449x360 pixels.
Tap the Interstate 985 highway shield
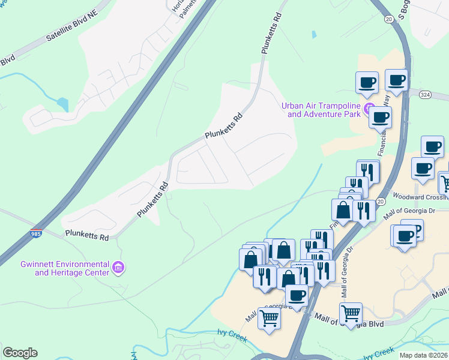[37, 233]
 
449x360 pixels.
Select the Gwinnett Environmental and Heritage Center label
[64, 268]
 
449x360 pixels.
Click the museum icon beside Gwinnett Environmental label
[118, 266]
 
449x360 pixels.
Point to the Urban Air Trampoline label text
[322, 110]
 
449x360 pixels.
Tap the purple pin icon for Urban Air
[369, 107]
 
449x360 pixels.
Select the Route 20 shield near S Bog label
[389, 19]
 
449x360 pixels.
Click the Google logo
[20, 353]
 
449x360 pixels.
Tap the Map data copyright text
[424, 355]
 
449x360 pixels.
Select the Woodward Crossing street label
[420, 196]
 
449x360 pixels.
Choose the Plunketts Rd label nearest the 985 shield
[86, 235]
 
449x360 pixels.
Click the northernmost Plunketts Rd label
[271, 34]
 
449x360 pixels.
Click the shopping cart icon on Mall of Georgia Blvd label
[350, 313]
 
